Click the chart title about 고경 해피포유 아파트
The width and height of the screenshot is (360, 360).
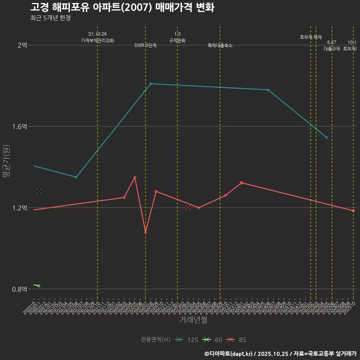pos(122,7)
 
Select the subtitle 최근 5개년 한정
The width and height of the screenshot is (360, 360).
pos(50,18)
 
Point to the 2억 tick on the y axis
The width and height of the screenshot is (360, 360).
pos(22,45)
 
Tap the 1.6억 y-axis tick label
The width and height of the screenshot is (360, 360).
pos(20,127)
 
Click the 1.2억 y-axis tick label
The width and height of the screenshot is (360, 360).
pos(20,208)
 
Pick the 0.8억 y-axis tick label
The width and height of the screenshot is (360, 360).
pos(20,289)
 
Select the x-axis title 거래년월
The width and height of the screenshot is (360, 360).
pos(193,320)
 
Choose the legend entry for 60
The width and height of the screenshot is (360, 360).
pos(212,340)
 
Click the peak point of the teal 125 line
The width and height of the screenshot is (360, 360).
pos(151,84)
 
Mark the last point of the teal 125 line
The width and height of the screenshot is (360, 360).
pos(327,138)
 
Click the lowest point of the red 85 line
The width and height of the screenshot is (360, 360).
pos(145,232)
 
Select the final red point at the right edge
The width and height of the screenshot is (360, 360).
pos(353,211)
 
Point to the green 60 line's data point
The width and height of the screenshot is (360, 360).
pos(39,286)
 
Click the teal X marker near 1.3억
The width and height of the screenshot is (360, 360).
pos(39,191)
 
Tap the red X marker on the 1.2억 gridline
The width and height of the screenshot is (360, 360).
pos(188,208)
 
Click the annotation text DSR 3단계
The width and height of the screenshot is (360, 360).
pos(145,45)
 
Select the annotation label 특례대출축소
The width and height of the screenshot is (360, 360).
pos(220,45)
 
